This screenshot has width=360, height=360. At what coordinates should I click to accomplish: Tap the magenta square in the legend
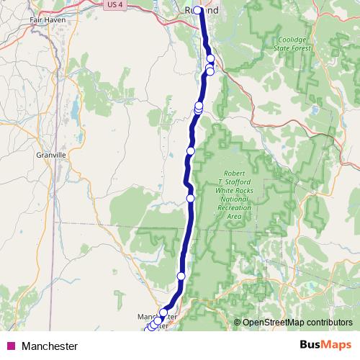(x=11, y=346)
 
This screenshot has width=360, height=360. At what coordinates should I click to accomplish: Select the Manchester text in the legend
(x=50, y=346)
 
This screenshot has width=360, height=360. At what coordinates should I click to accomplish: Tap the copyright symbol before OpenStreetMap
(x=238, y=323)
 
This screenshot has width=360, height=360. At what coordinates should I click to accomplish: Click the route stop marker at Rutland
(x=197, y=10)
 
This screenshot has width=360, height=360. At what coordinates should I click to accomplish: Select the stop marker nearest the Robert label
(x=191, y=198)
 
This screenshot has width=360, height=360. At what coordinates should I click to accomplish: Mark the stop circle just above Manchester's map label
(x=163, y=312)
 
